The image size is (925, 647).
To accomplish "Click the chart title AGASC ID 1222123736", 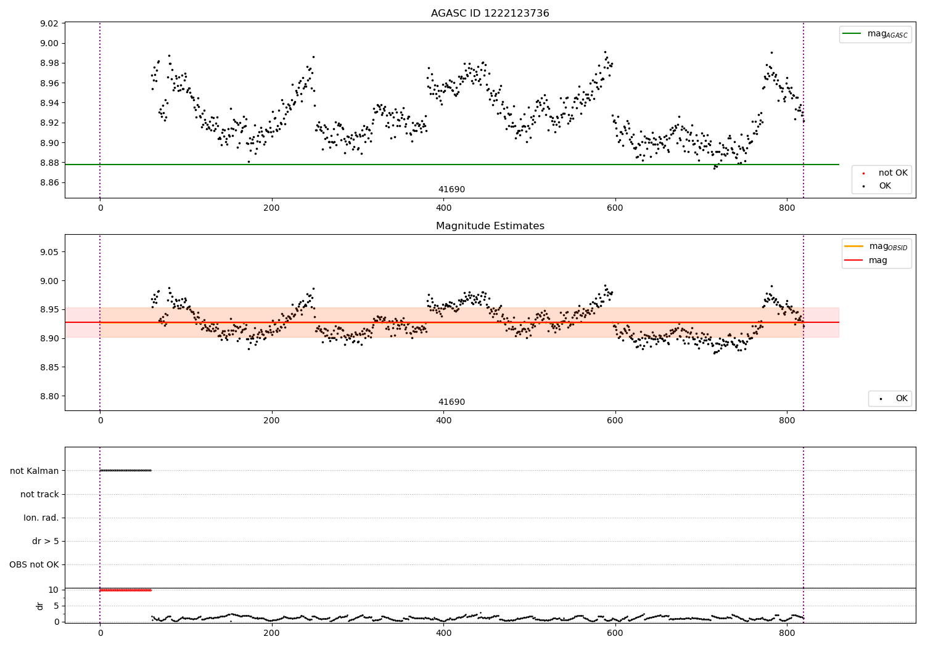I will [x=490, y=14].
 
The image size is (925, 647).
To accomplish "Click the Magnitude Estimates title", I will [x=490, y=226].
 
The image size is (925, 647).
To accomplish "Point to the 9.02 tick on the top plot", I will [x=49, y=23].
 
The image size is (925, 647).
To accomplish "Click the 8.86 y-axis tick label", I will [x=49, y=183].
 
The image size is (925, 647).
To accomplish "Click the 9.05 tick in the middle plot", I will [x=49, y=252].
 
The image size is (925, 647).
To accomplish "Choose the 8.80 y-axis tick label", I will [x=49, y=396].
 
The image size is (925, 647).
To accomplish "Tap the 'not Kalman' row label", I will [x=35, y=471].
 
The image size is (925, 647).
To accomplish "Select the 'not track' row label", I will [x=39, y=494].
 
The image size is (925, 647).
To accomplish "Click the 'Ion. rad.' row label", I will [x=41, y=518].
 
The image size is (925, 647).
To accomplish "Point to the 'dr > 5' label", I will [x=46, y=541].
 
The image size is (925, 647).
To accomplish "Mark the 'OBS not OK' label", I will [x=34, y=564].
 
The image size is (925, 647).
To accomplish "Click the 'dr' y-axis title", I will [x=40, y=606].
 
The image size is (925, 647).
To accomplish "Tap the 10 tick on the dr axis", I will [x=54, y=590].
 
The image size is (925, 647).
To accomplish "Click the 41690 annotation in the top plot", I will [x=451, y=190].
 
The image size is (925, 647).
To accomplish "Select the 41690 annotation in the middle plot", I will [x=451, y=402].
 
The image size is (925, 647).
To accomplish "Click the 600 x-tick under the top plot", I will [x=615, y=208].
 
